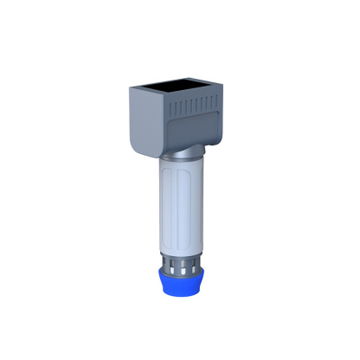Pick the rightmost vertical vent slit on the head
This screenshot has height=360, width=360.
(212, 102)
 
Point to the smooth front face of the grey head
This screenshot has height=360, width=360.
(146, 121)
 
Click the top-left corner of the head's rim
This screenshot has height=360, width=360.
(131, 87)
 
